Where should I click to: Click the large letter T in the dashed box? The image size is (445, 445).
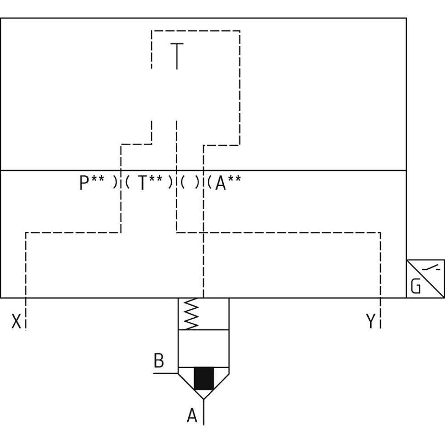point(177,56)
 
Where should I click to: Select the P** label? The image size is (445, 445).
point(92,183)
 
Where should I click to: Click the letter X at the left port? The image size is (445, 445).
point(16,321)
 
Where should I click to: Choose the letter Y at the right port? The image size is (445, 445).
point(370,321)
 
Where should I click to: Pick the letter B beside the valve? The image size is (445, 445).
point(158,361)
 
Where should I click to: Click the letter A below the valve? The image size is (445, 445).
point(192,416)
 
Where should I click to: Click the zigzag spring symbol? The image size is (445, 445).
point(190,314)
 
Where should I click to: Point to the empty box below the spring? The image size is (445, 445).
point(203,349)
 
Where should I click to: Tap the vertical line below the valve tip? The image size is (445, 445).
point(204,412)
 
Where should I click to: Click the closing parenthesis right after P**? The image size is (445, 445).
point(115,183)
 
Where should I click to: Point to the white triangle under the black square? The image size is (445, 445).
point(204,394)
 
